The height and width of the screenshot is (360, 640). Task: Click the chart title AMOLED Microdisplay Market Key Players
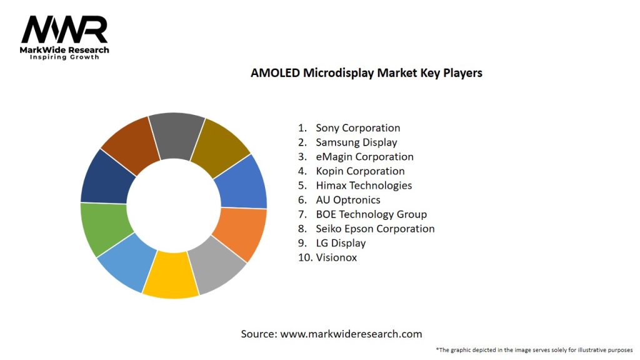(x=366, y=72)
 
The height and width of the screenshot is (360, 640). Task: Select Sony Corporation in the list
(x=357, y=128)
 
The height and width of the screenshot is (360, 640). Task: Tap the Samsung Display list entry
(x=356, y=142)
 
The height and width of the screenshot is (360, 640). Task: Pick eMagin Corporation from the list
(x=364, y=157)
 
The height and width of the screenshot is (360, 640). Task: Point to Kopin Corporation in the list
(x=360, y=171)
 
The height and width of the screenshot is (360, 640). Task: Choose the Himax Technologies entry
(x=364, y=186)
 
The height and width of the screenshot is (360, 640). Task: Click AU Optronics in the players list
(x=348, y=200)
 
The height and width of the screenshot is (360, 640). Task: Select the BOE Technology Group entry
(x=371, y=214)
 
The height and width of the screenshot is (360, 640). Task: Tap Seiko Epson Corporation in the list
(x=375, y=229)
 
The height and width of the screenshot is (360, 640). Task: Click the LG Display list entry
(x=341, y=243)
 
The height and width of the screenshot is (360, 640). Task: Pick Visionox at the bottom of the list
(x=336, y=257)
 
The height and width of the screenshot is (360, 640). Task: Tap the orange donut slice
(x=241, y=234)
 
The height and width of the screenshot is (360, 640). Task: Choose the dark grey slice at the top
(x=176, y=135)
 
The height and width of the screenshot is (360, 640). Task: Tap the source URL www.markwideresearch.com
(x=351, y=334)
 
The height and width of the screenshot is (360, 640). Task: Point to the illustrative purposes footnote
(x=534, y=350)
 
